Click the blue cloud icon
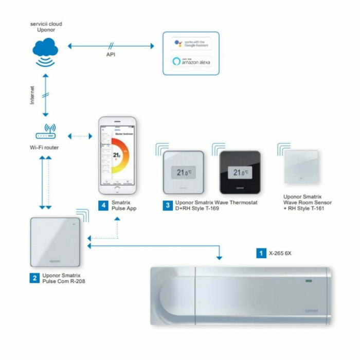[x=45, y=50]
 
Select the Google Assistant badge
[x=191, y=43]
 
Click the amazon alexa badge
[x=191, y=62]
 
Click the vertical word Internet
[x=32, y=96]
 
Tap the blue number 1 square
[x=261, y=253]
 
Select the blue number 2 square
[x=34, y=278]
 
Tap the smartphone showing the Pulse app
[x=118, y=155]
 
